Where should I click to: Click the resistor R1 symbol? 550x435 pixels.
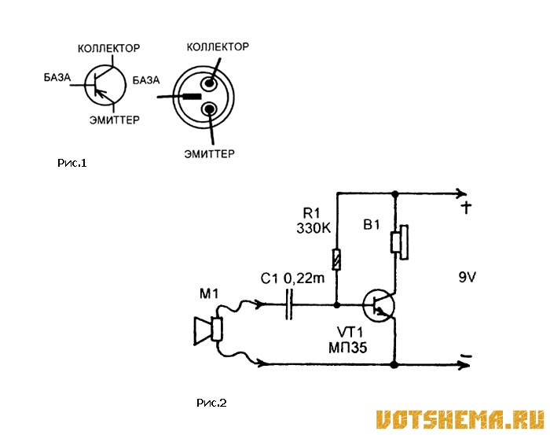[x=337, y=259]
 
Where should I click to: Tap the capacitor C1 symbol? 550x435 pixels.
[x=288, y=304]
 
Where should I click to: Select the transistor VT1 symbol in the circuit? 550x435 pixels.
[x=379, y=305]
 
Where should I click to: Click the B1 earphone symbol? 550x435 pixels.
[x=399, y=242]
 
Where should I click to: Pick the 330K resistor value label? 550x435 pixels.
[x=313, y=229]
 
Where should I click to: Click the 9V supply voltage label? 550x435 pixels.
[x=467, y=278]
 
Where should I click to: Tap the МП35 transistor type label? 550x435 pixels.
[x=348, y=348]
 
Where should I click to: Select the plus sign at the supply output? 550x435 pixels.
[x=466, y=208]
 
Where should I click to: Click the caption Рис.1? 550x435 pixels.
[x=72, y=163]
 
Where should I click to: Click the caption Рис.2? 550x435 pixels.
[x=211, y=403]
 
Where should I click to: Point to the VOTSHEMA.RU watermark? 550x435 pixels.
[x=460, y=419]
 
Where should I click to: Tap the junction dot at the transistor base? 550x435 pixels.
[x=337, y=304]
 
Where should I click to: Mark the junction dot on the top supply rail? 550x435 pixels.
[x=395, y=194]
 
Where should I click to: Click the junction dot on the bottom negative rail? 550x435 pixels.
[x=395, y=365]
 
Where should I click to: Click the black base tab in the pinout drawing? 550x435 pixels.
[x=191, y=97]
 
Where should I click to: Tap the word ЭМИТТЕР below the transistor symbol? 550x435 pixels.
[x=115, y=120]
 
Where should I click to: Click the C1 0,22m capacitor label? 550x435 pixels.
[x=293, y=278]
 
